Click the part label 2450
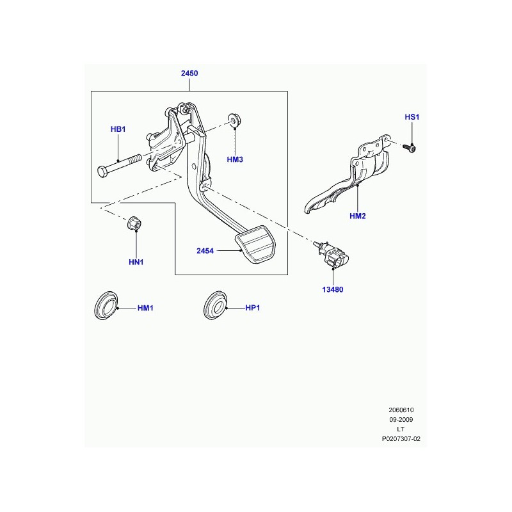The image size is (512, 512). pyautogui.click(x=189, y=74)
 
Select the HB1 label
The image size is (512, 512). pyautogui.click(x=118, y=129)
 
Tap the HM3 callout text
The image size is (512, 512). pyautogui.click(x=235, y=159)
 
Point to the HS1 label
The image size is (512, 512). pyautogui.click(x=412, y=117)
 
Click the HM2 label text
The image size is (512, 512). pyautogui.click(x=358, y=216)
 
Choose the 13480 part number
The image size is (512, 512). pyautogui.click(x=332, y=290)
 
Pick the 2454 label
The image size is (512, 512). pyautogui.click(x=205, y=251)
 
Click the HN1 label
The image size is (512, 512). pyautogui.click(x=136, y=262)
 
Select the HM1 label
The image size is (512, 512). pyautogui.click(x=145, y=308)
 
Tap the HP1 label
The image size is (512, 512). pyautogui.click(x=252, y=308)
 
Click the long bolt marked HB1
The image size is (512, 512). pyautogui.click(x=119, y=166)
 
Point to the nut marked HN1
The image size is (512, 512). pyautogui.click(x=134, y=223)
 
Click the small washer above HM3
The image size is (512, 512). pyautogui.click(x=234, y=120)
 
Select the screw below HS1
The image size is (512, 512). pyautogui.click(x=410, y=148)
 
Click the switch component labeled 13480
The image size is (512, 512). pyautogui.click(x=331, y=257)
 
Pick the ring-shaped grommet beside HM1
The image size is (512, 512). pyautogui.click(x=106, y=305)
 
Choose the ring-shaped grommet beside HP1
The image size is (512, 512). pyautogui.click(x=215, y=305)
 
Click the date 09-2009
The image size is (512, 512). pyautogui.click(x=401, y=420)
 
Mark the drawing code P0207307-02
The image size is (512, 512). pyautogui.click(x=401, y=439)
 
